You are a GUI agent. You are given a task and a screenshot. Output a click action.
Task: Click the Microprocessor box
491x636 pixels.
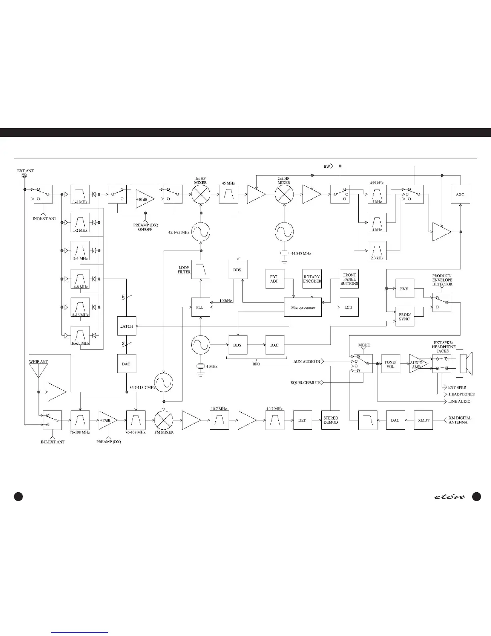coord(302,308)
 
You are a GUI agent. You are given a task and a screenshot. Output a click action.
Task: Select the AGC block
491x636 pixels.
coord(460,194)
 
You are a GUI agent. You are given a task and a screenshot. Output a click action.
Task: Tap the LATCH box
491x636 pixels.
coord(126,326)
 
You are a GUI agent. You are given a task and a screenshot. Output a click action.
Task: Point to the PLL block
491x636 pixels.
coord(200,308)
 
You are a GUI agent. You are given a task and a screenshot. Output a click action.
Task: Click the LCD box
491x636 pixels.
coord(348,308)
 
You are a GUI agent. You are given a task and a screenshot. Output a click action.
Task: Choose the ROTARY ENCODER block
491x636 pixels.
coord(312,279)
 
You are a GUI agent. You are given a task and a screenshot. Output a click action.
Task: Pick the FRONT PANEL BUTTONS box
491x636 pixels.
coord(349,279)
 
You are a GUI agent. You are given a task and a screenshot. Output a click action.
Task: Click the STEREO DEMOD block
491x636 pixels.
coord(331,420)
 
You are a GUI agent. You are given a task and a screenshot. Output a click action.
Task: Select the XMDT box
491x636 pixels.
coord(424,420)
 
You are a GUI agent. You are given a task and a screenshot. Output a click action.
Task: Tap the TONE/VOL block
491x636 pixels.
coord(390,364)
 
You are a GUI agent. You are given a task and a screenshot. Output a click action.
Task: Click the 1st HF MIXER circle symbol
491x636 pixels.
coord(200,195)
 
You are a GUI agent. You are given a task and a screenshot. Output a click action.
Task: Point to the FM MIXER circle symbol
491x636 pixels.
coord(164,420)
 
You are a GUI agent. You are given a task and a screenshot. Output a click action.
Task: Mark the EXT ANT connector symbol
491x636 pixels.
coord(24,176)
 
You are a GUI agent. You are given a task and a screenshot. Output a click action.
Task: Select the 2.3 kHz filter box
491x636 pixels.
coord(377,251)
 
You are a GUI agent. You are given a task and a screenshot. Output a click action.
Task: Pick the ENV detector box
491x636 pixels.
coord(404,288)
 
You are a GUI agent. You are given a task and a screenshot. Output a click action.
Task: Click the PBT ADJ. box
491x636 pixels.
coord(274,279)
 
